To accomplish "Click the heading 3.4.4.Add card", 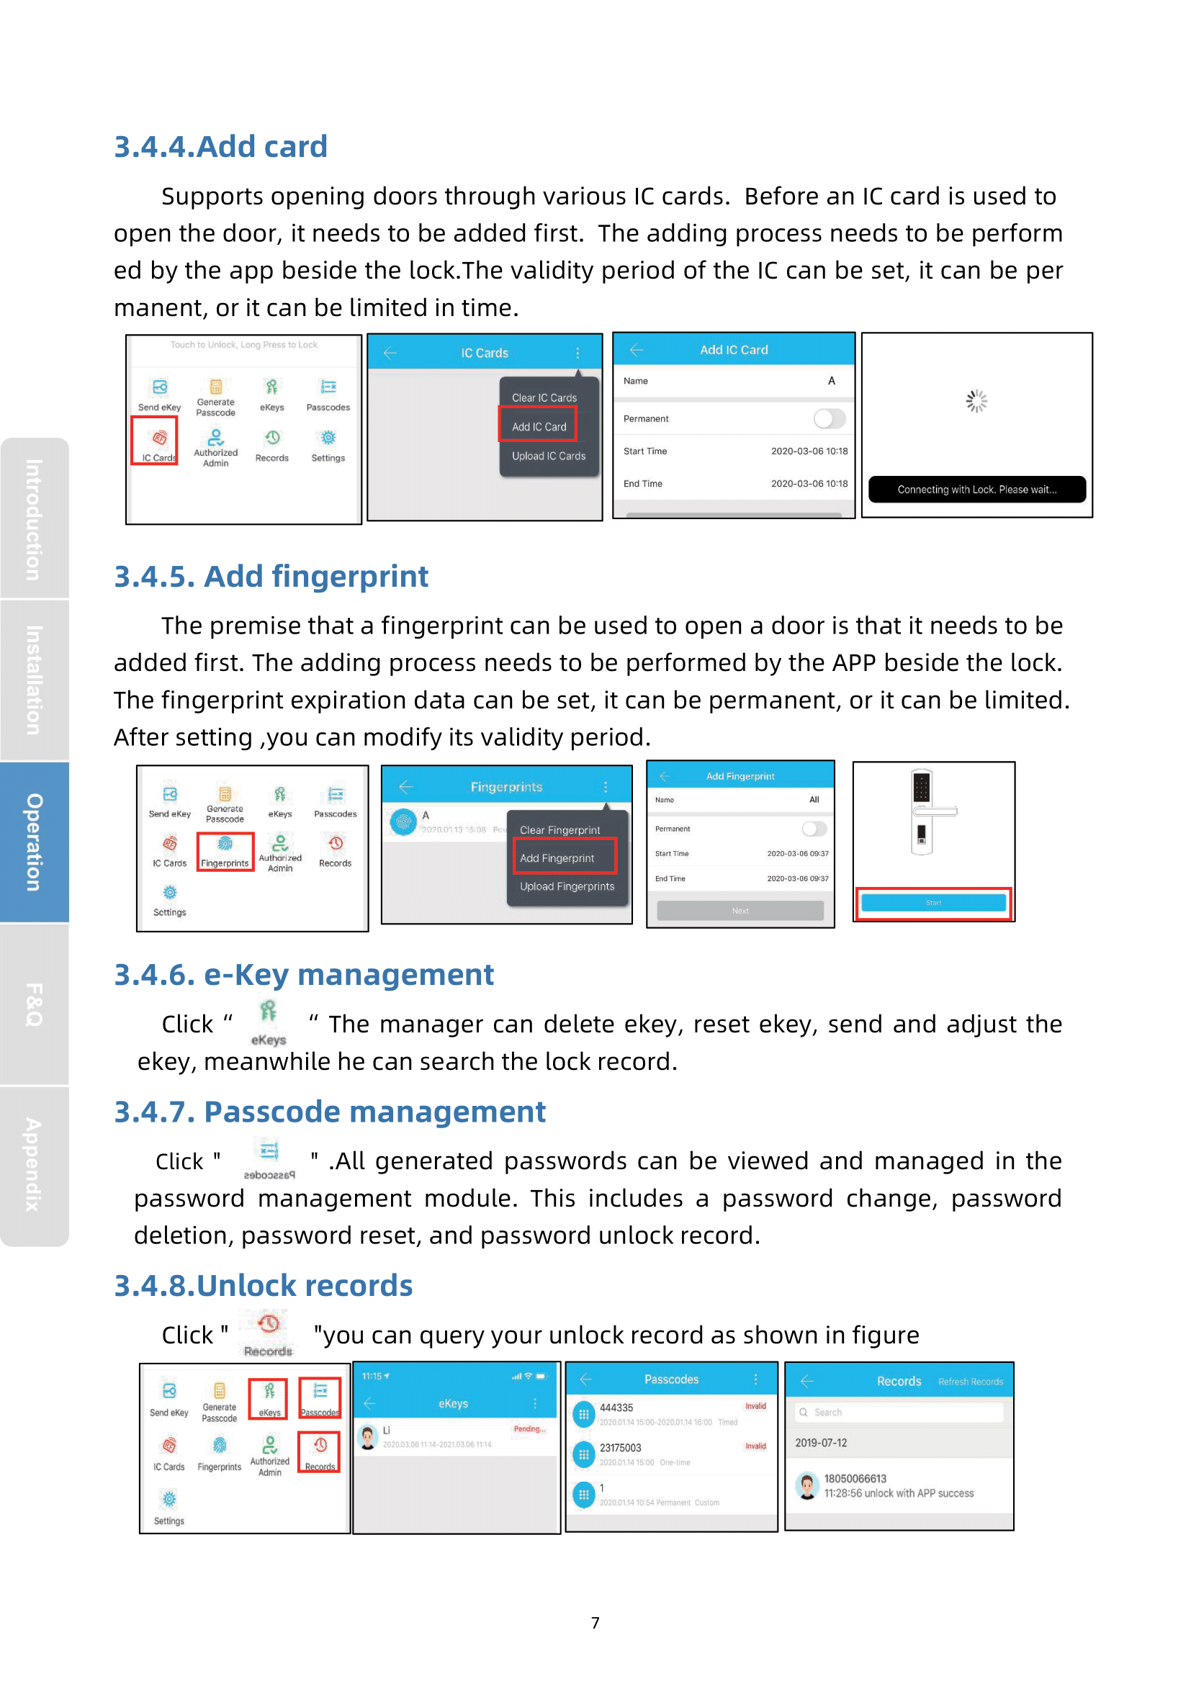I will coord(221,147).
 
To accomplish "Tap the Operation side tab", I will coord(34,842).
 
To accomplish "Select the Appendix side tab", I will coord(34,1164).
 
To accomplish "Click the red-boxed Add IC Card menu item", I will coord(539,426).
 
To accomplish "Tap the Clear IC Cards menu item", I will coord(544,397).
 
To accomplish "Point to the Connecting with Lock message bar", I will coord(976,489).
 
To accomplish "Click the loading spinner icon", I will coord(976,401).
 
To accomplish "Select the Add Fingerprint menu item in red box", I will coord(563,857).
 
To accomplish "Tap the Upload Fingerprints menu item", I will coord(566,886).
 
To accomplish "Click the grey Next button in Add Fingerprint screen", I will coord(740,910).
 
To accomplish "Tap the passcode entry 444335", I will coord(616,1408).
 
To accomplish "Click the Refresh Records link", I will coord(969,1382).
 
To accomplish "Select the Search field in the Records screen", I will coord(899,1412).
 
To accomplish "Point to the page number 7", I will coord(595,1622).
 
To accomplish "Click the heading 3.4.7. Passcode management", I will coord(329,1112).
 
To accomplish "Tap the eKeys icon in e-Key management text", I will coord(269,1021).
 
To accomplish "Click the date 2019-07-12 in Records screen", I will coord(821,1443).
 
